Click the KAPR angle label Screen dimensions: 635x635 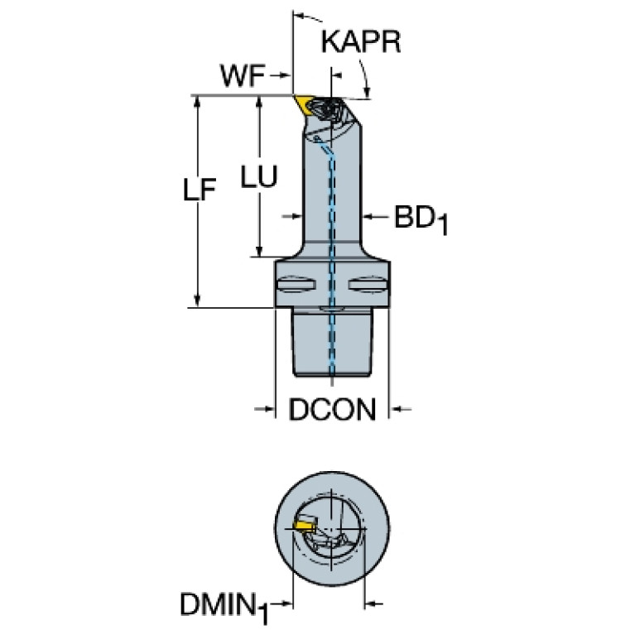361,41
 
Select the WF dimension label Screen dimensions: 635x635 243,75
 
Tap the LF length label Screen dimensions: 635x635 199,190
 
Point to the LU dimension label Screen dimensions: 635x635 259,176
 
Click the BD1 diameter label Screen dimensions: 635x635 421,219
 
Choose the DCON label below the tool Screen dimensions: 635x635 332,409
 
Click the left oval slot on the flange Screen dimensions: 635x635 296,284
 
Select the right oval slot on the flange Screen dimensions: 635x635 368,284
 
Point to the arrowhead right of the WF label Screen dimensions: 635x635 285,75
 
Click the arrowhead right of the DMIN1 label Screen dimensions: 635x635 286,604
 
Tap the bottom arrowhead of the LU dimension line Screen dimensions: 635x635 260,250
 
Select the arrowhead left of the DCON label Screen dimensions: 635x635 269,409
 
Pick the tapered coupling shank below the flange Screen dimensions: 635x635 332,342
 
